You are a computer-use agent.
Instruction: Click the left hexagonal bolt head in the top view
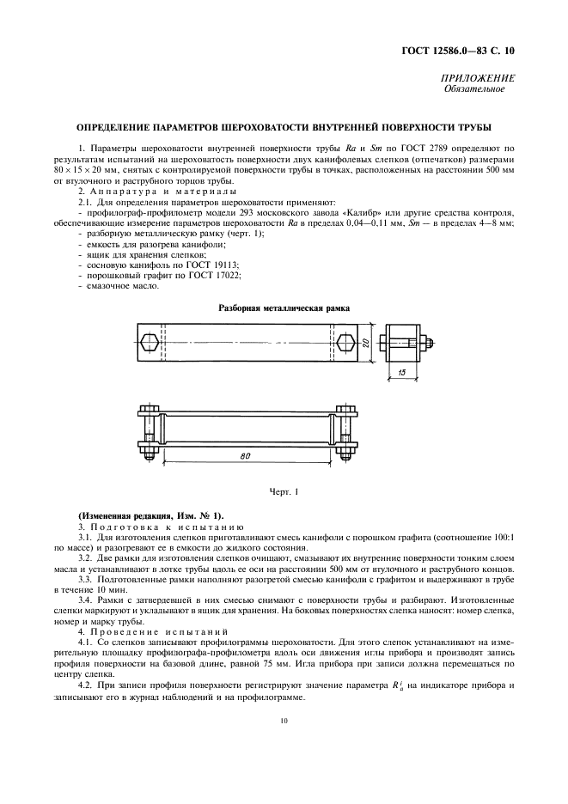coord(150,343)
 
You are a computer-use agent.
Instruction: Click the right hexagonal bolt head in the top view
coord(346,343)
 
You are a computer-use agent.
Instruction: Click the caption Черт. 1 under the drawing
coord(284,491)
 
